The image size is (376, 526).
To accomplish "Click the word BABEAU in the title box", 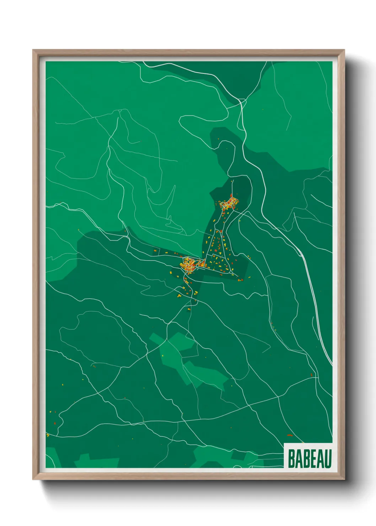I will [309, 458].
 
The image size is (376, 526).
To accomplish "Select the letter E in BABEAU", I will [313, 458].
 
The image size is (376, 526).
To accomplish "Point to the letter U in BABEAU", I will [328, 458].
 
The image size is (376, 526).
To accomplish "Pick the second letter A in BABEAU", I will [321, 458].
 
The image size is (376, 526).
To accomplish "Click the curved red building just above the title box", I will [290, 435].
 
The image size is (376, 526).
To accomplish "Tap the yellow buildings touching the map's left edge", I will [48, 435].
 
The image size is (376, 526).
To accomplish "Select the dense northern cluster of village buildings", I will [229, 204].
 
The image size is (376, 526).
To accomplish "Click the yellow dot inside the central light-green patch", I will [163, 356].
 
